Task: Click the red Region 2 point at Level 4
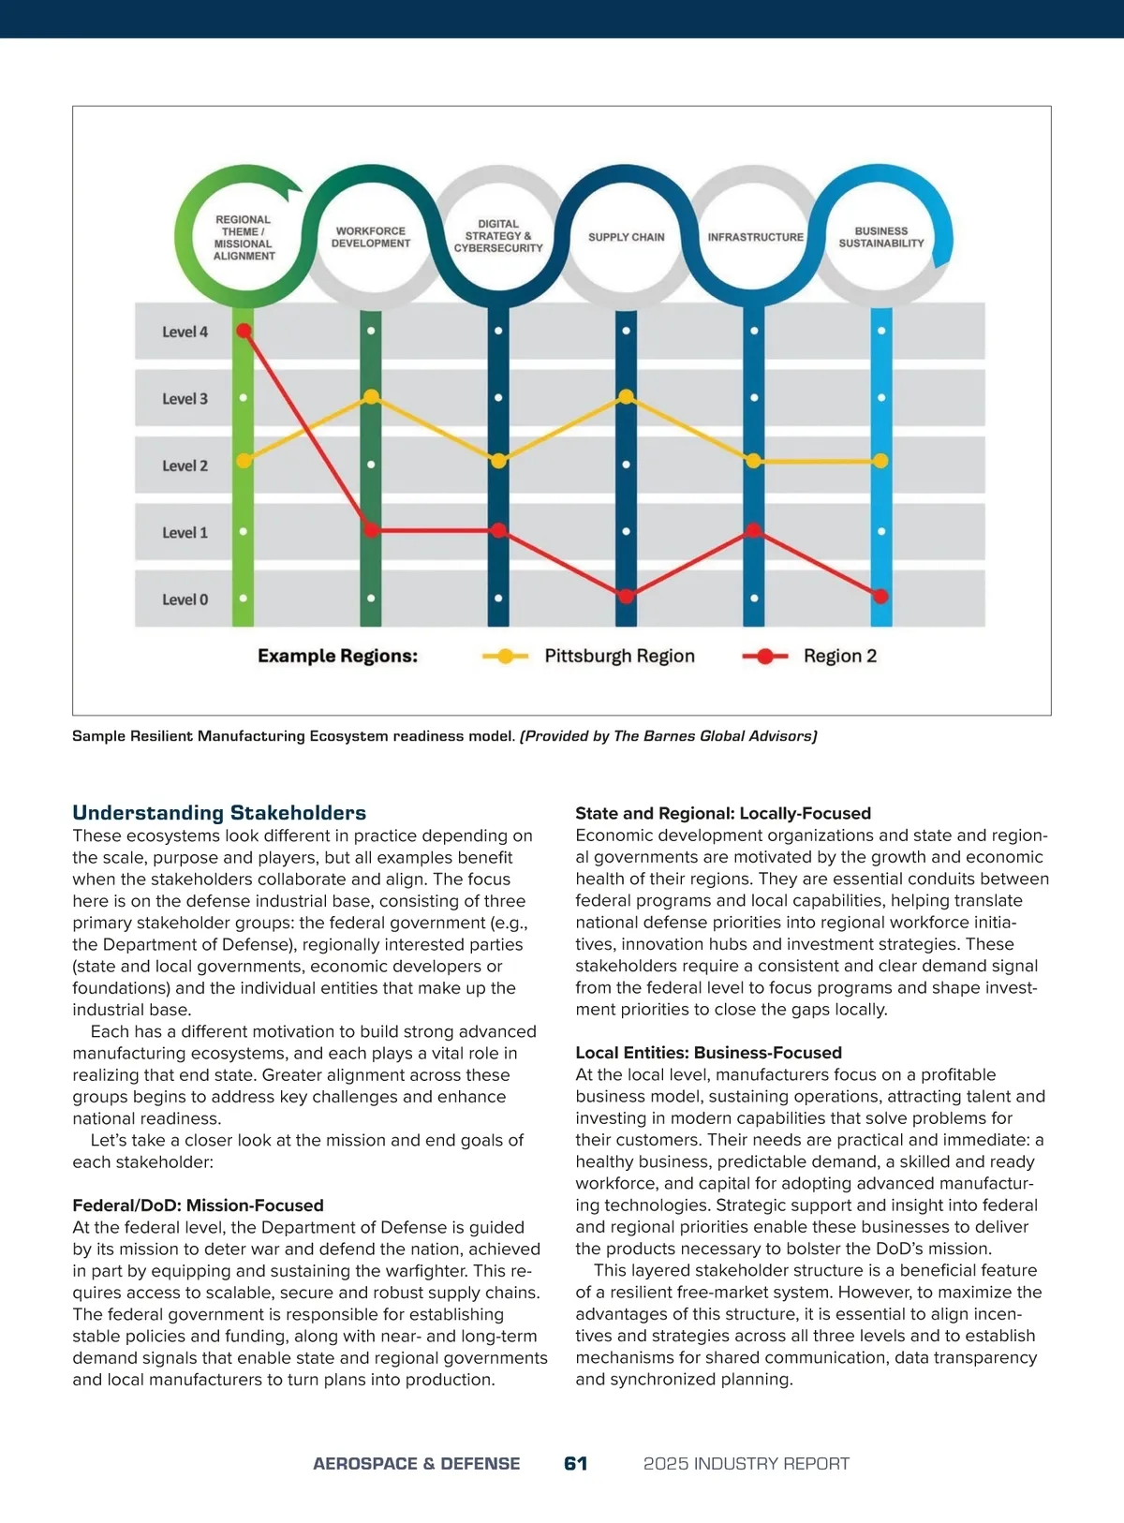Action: point(244,331)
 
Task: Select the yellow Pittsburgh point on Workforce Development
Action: point(371,397)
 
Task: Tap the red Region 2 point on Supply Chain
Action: point(626,596)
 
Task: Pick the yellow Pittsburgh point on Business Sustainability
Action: point(880,461)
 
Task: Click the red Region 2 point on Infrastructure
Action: point(754,531)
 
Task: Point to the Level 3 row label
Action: point(185,399)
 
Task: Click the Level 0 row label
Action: point(185,599)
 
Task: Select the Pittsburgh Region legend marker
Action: point(505,656)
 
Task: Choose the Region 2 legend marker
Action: point(765,656)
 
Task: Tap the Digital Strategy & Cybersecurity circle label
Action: point(498,236)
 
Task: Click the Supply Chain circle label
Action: point(626,237)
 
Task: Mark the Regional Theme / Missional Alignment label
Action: point(244,238)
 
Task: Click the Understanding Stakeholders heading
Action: point(219,813)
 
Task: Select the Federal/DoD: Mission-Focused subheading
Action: point(198,1205)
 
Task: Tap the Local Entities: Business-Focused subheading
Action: point(708,1053)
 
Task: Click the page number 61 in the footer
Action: point(576,1463)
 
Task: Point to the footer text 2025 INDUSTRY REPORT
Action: point(747,1463)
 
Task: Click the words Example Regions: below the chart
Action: point(337,656)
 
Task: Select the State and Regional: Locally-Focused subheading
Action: point(723,813)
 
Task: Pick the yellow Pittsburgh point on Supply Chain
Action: point(626,397)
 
